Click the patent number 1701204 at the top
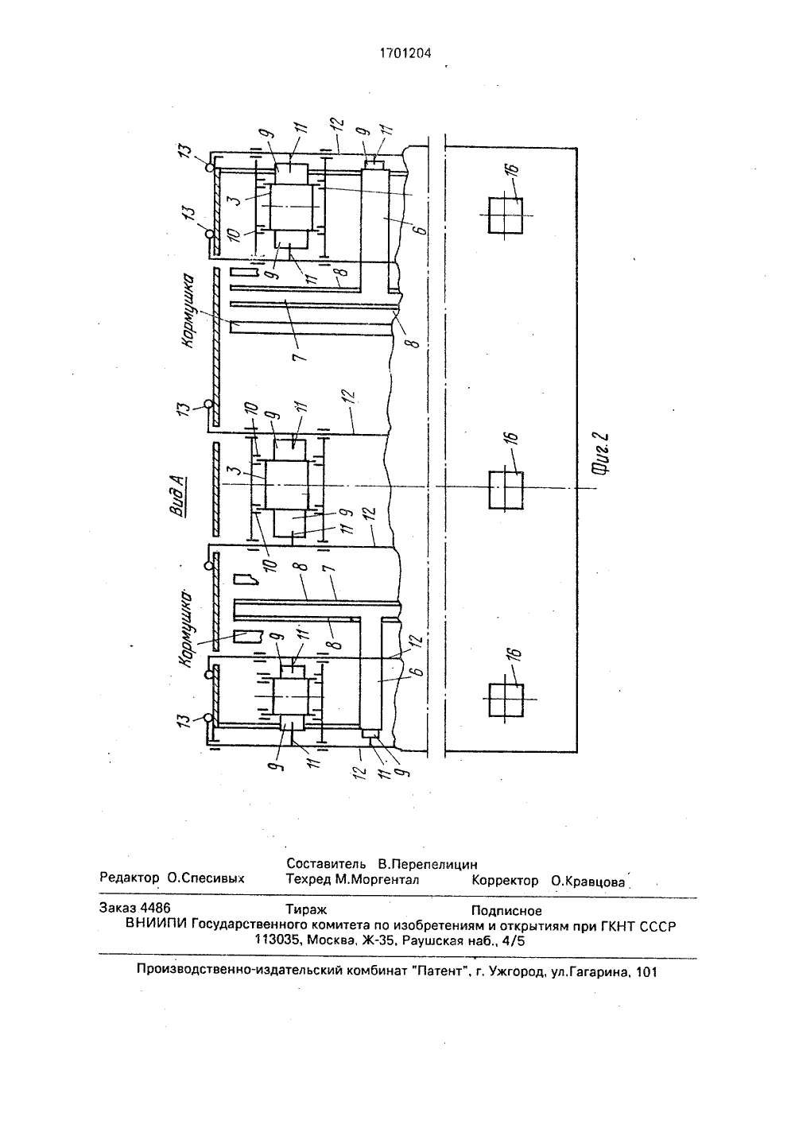click(405, 53)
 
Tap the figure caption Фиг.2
click(601, 453)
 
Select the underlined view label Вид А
click(177, 496)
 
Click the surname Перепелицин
click(428, 864)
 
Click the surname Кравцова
click(588, 881)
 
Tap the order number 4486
click(156, 908)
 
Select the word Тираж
click(306, 909)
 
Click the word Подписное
click(506, 911)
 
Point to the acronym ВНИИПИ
click(157, 924)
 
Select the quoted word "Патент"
click(441, 971)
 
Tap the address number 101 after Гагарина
click(646, 972)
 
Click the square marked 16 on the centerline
click(506, 490)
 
